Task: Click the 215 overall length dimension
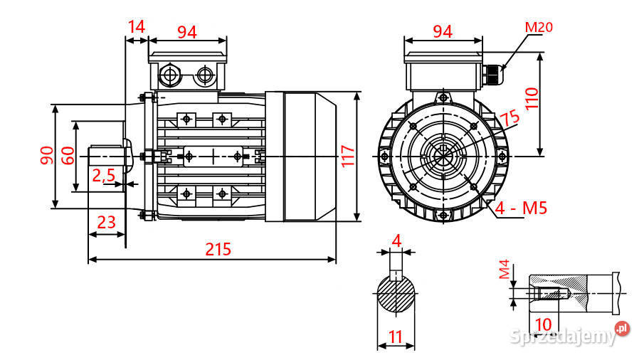coord(218,249)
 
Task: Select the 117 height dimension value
coord(347,156)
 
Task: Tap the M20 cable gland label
coord(539,28)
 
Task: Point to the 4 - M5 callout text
coord(521,209)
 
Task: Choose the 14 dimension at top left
coord(136,27)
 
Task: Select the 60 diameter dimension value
coord(67,155)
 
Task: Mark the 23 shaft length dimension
coord(106,222)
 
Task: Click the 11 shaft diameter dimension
coord(396,335)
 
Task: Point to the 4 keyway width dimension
coord(396,240)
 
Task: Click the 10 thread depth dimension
coord(543,324)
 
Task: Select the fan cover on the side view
coord(310,156)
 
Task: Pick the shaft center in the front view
coord(443,156)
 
